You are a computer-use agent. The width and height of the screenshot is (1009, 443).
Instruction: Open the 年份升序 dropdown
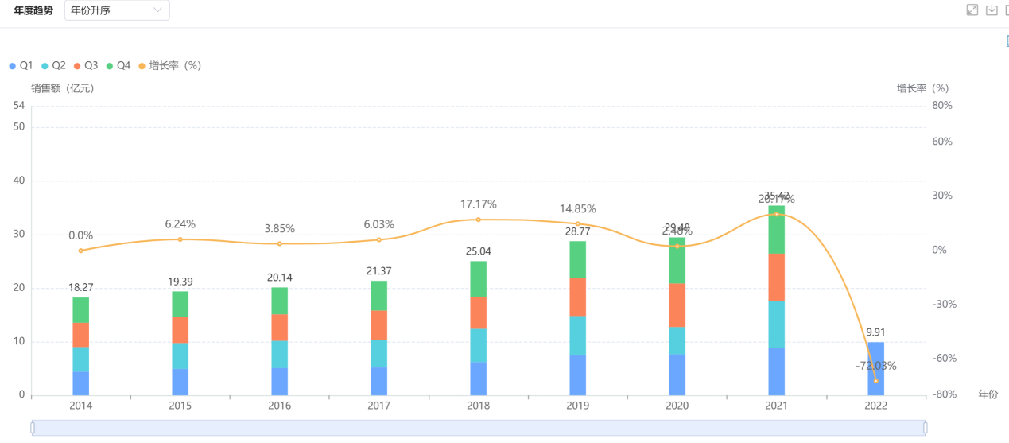pos(117,10)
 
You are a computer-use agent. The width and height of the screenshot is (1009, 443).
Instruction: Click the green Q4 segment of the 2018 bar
pos(478,279)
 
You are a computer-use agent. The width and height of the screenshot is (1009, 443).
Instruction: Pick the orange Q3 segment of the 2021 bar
pos(776,277)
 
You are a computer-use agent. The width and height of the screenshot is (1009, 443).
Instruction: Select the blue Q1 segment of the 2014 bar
pos(80,383)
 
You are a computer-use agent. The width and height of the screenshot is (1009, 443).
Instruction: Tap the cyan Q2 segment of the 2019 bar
pos(577,335)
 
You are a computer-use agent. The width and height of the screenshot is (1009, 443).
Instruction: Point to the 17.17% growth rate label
pos(478,204)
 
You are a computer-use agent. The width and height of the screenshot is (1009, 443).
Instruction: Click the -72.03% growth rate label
pos(875,366)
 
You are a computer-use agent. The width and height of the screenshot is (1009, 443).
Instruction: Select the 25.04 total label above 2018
pos(478,251)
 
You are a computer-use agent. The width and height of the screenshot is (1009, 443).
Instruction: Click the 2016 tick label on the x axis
pos(279,406)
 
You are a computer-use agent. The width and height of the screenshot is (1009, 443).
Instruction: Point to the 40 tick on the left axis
pos(20,181)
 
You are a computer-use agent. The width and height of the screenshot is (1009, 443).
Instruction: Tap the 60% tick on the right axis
pos(941,142)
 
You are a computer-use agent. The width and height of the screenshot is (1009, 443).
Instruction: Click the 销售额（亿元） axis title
pos(63,88)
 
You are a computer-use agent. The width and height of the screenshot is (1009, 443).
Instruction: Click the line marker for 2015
pos(180,239)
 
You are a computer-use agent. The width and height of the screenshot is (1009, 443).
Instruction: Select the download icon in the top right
pos(991,10)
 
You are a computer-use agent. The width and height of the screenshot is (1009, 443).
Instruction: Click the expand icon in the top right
pos(972,10)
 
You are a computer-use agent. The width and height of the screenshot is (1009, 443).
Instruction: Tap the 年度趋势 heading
pos(33,10)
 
